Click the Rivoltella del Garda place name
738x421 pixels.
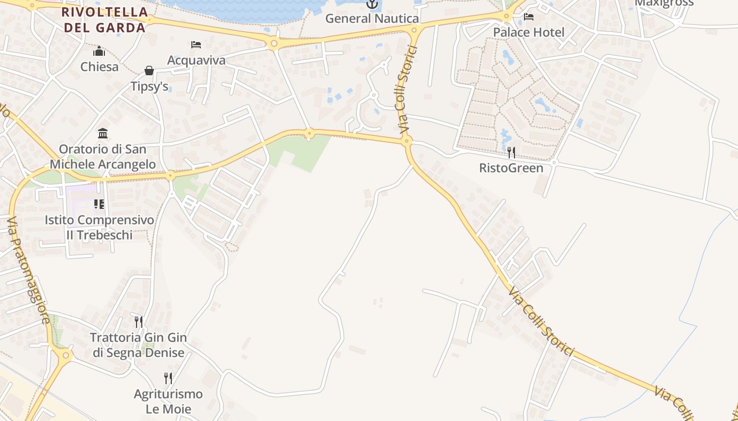pyautogui.click(x=104, y=19)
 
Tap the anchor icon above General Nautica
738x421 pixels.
pyautogui.click(x=373, y=4)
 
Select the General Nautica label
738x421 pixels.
pyautogui.click(x=372, y=18)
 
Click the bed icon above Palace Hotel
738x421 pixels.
pyautogui.click(x=529, y=17)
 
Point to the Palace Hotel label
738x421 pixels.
pyautogui.click(x=529, y=32)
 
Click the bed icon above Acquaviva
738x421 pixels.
pyautogui.click(x=196, y=45)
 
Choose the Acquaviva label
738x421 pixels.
pyautogui.click(x=196, y=60)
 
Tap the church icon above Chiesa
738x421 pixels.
pyautogui.click(x=99, y=52)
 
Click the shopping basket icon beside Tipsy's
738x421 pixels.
pyautogui.click(x=150, y=71)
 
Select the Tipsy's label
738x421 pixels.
pyautogui.click(x=150, y=86)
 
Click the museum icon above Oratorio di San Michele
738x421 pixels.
pyautogui.click(x=103, y=134)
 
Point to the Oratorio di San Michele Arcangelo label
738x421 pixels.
pyautogui.click(x=103, y=157)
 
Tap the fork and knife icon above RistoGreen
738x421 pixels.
pyautogui.click(x=511, y=153)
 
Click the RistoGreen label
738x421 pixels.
pyautogui.click(x=511, y=168)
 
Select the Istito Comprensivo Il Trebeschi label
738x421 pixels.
pyautogui.click(x=100, y=227)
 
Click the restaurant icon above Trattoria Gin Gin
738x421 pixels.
pyautogui.click(x=139, y=322)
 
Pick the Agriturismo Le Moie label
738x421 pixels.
pyautogui.click(x=168, y=401)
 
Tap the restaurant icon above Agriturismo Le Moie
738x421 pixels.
pyautogui.click(x=168, y=378)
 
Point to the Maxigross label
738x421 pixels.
pyautogui.click(x=664, y=3)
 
